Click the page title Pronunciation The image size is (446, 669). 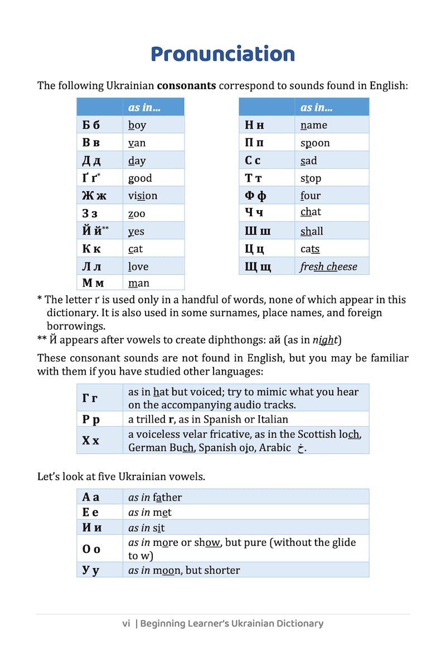click(x=222, y=54)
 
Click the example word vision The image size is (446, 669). click(x=143, y=196)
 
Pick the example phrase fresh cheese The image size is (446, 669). click(x=328, y=266)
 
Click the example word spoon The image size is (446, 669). click(x=315, y=143)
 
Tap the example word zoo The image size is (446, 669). click(x=137, y=214)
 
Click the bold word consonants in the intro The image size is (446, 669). click(x=187, y=86)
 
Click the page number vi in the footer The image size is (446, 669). click(x=126, y=623)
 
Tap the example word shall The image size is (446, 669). click(x=312, y=231)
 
